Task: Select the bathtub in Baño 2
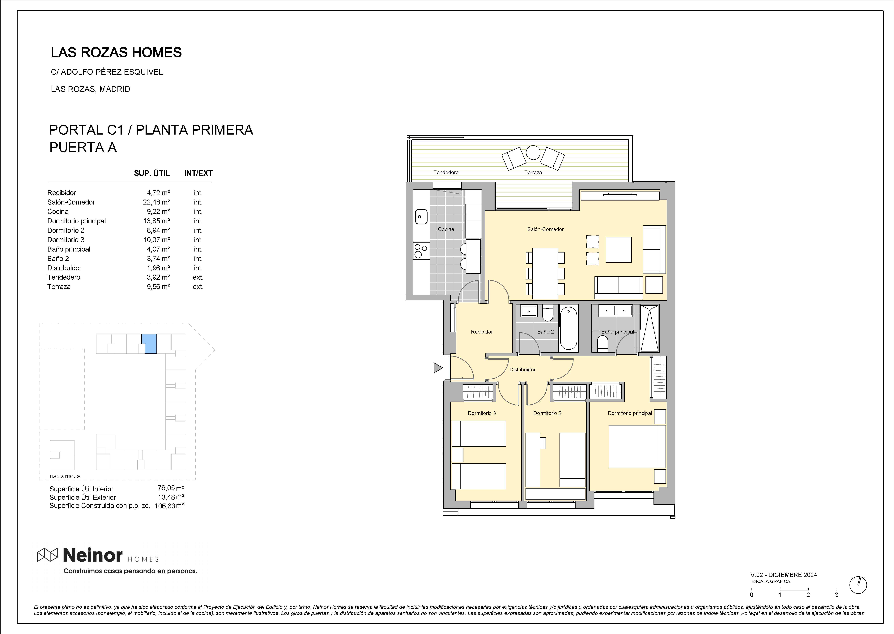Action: [568, 328]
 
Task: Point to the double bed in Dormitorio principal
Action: [637, 446]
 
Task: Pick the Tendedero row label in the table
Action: [64, 277]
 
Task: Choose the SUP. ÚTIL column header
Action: [152, 173]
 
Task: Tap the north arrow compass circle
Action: [858, 585]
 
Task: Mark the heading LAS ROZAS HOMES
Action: [116, 52]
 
